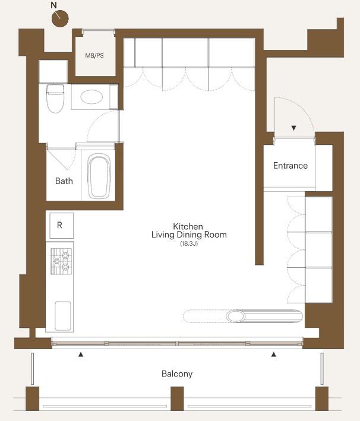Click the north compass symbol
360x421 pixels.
[x=60, y=18]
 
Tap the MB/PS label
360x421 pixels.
[x=94, y=56]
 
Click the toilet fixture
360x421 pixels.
[x=55, y=98]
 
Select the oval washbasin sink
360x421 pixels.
[x=91, y=97]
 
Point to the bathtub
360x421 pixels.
[x=99, y=176]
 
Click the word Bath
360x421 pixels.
[x=64, y=181]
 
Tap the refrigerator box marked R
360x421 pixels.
[x=61, y=226]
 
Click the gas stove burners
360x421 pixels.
[x=62, y=261]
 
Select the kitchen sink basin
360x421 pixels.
[x=63, y=316]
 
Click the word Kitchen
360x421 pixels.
[x=188, y=226]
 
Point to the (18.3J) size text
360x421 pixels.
[x=189, y=244]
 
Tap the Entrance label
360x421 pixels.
[x=290, y=166]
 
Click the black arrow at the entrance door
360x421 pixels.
[x=294, y=128]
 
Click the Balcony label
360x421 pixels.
[x=177, y=374]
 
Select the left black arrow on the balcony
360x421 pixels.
[x=81, y=354]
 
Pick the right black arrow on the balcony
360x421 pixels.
[x=273, y=354]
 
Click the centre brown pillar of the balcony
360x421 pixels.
[x=177, y=398]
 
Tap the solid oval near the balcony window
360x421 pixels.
[x=236, y=316]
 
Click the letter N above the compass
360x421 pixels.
[x=53, y=5]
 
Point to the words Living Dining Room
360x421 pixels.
[x=189, y=235]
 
